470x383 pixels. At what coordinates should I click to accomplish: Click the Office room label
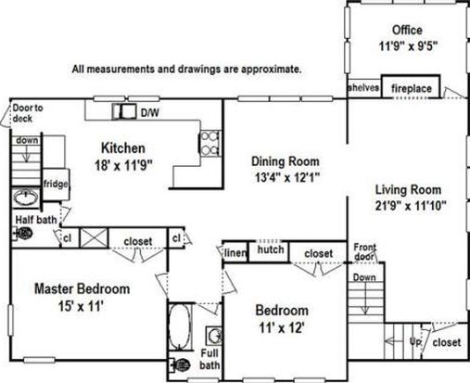pyautogui.click(x=407, y=31)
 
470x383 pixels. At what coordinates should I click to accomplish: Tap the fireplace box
pyautogui.click(x=411, y=86)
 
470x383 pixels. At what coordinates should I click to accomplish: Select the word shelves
pyautogui.click(x=363, y=87)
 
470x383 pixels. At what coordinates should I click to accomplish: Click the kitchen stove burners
pyautogui.click(x=210, y=143)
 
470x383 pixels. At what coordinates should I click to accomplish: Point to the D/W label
pyautogui.click(x=150, y=113)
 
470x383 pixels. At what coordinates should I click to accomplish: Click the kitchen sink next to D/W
pyautogui.click(x=124, y=111)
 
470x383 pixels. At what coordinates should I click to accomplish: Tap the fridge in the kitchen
pyautogui.click(x=56, y=185)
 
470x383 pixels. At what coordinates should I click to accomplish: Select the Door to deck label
pyautogui.click(x=28, y=113)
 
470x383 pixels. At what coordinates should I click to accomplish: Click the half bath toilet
pyautogui.click(x=22, y=234)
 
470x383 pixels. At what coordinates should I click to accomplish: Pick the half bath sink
pyautogui.click(x=26, y=197)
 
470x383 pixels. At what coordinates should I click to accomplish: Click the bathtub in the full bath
pyautogui.click(x=179, y=327)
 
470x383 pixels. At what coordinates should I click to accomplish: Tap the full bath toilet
pyautogui.click(x=179, y=365)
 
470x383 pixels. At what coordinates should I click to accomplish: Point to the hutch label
pyautogui.click(x=271, y=249)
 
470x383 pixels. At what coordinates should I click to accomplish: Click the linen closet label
pyautogui.click(x=235, y=253)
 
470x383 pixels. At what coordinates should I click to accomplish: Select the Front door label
pyautogui.click(x=364, y=252)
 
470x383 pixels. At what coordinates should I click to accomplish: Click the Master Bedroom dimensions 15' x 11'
pyautogui.click(x=81, y=307)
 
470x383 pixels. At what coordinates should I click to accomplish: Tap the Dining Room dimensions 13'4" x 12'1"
pyautogui.click(x=286, y=178)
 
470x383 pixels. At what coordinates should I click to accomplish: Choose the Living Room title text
pyautogui.click(x=408, y=190)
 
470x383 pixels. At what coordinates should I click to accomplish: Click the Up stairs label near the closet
pyautogui.click(x=415, y=342)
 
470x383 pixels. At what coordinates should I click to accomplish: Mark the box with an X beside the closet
pyautogui.click(x=94, y=238)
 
